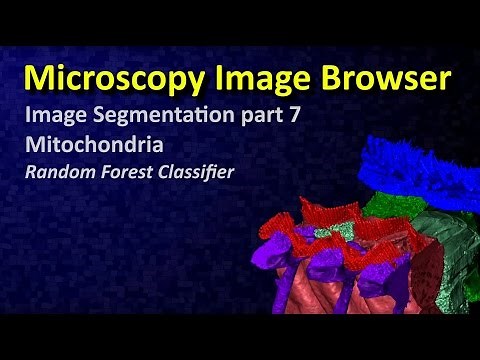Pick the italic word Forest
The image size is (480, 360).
point(133,171)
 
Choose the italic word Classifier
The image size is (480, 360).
point(199,171)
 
